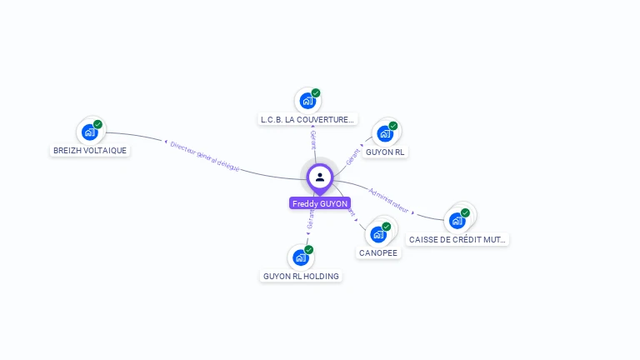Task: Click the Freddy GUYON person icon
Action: point(319,177)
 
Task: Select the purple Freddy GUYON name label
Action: point(320,203)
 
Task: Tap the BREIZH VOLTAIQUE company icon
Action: point(89,132)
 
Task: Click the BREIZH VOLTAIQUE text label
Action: point(90,151)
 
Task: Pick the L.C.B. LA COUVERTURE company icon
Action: point(307,101)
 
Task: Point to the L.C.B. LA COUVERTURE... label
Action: point(307,119)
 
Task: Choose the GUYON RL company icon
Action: point(384,133)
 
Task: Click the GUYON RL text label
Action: point(385,152)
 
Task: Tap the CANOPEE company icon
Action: point(378,234)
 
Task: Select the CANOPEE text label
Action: point(378,252)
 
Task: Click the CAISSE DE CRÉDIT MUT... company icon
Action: point(457,220)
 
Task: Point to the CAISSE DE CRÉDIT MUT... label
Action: point(457,239)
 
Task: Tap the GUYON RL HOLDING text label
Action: point(302,276)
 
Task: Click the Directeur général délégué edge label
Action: point(204,156)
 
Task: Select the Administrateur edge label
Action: point(388,199)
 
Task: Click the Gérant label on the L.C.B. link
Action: point(313,139)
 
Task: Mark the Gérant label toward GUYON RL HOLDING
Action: point(311,219)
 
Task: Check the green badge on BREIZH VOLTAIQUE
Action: point(97,124)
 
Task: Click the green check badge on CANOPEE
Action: point(387,227)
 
